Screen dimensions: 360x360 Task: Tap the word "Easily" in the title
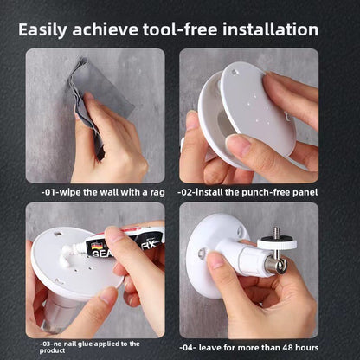point(42,30)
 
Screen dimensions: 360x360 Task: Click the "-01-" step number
point(50,192)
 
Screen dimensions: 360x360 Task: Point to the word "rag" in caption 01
point(157,193)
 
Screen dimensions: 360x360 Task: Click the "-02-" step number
point(186,192)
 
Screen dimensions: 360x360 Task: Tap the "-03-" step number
point(46,344)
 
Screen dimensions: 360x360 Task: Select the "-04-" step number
point(188,348)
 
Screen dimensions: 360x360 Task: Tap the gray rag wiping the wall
point(98,95)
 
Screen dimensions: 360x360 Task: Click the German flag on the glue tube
point(95,247)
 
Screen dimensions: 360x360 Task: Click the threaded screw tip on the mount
point(276,233)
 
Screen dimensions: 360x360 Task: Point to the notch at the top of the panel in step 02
point(235,72)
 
